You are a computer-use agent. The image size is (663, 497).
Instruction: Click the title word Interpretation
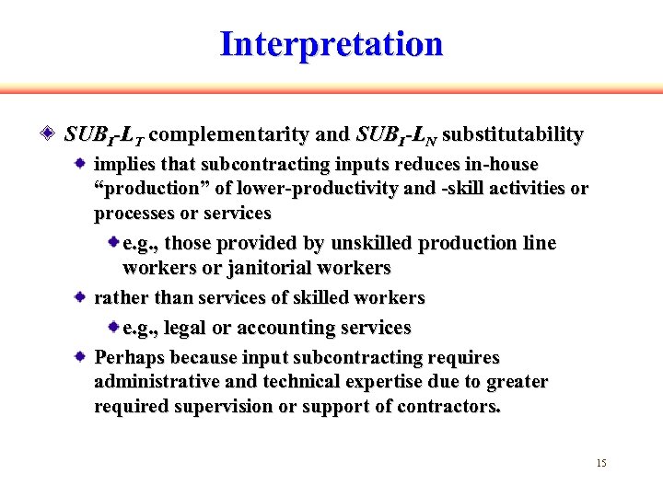(331, 44)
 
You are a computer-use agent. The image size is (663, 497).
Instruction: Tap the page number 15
(601, 463)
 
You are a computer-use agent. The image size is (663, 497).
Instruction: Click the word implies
(125, 164)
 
